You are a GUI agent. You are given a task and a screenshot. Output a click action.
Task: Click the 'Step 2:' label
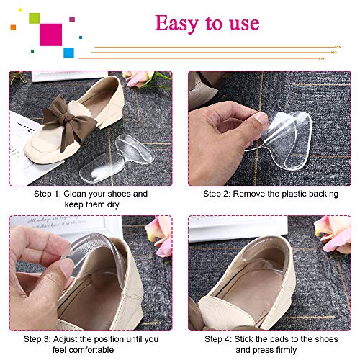click(219, 194)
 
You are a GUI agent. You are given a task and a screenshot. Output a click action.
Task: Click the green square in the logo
click(34, 17)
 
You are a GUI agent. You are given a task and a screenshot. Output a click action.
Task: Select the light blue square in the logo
click(69, 52)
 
